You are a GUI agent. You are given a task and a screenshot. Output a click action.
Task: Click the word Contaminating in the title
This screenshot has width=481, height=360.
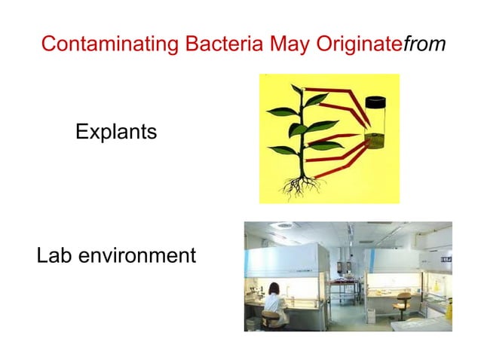102,44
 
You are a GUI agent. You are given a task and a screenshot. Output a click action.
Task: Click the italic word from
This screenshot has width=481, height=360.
424,44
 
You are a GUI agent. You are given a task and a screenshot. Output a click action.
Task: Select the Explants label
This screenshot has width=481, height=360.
116,133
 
